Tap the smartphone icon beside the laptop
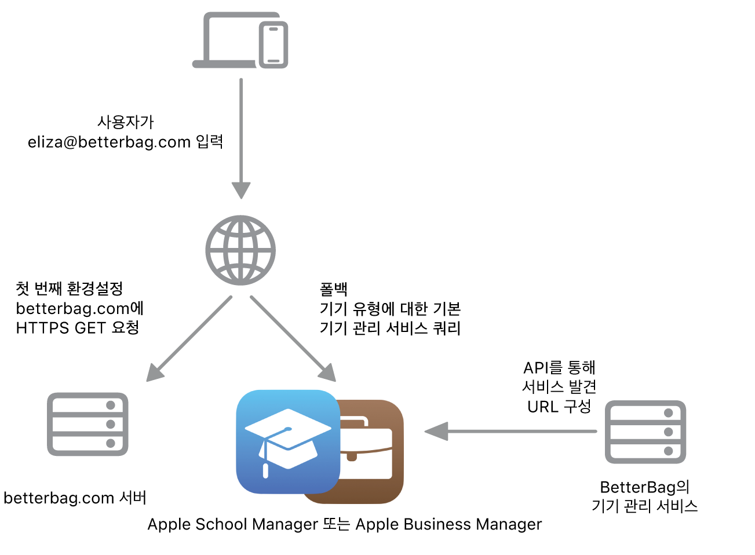point(273,45)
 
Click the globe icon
point(240,250)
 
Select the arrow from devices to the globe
point(241,139)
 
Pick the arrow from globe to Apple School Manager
point(293,339)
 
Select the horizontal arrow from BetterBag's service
point(510,431)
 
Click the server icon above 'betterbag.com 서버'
point(87,424)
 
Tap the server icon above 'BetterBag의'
point(645,432)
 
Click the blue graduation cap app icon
point(288,441)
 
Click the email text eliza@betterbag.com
point(109,142)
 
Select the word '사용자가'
point(126,122)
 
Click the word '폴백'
point(334,289)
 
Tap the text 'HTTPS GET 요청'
point(78,328)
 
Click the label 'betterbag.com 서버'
point(75,498)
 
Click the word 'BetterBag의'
point(644,487)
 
